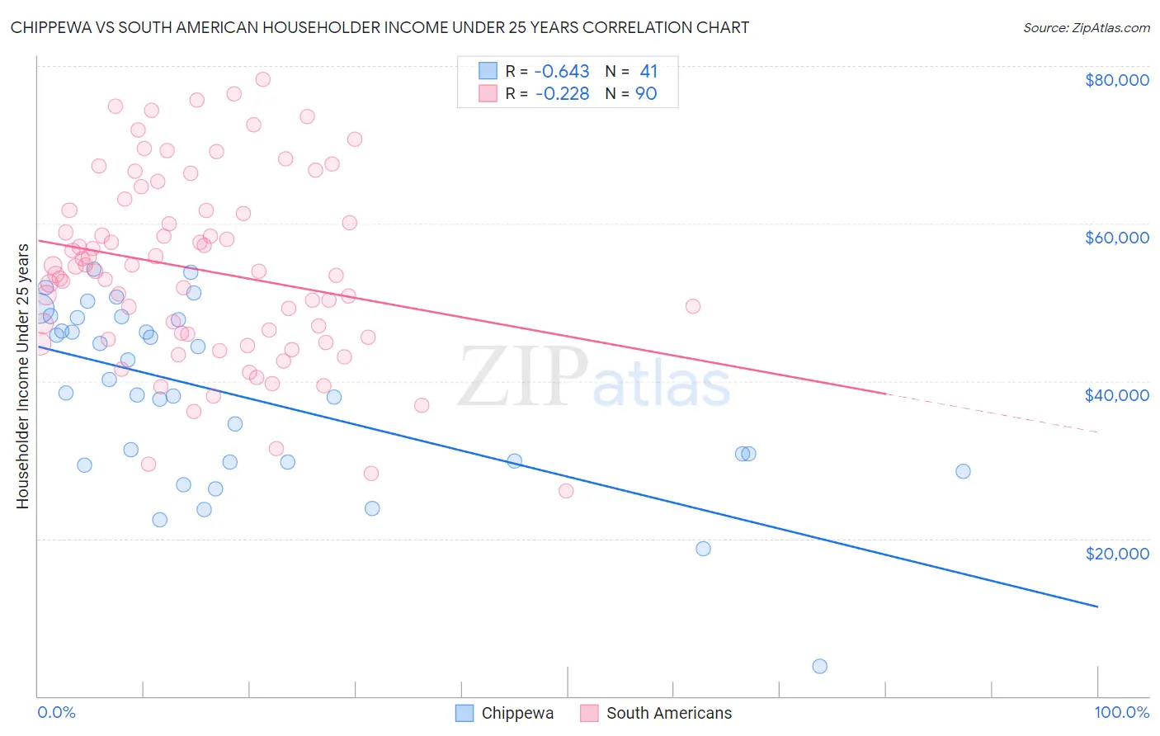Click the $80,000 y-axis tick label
(x=1116, y=80)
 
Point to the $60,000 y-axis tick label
(x=1116, y=238)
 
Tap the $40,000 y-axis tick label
(x=1116, y=395)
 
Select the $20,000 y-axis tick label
(x=1116, y=553)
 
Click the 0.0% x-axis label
(x=56, y=712)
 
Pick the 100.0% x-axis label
(x=1121, y=712)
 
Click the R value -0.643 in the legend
(x=562, y=72)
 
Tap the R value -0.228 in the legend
(x=562, y=94)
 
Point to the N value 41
(x=648, y=72)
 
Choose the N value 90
(x=646, y=94)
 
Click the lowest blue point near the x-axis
(x=819, y=666)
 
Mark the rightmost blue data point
(x=963, y=471)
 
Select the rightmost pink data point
(x=693, y=306)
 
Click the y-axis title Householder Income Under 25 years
(x=22, y=375)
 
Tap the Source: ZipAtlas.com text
(x=1086, y=28)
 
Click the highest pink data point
(x=263, y=79)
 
